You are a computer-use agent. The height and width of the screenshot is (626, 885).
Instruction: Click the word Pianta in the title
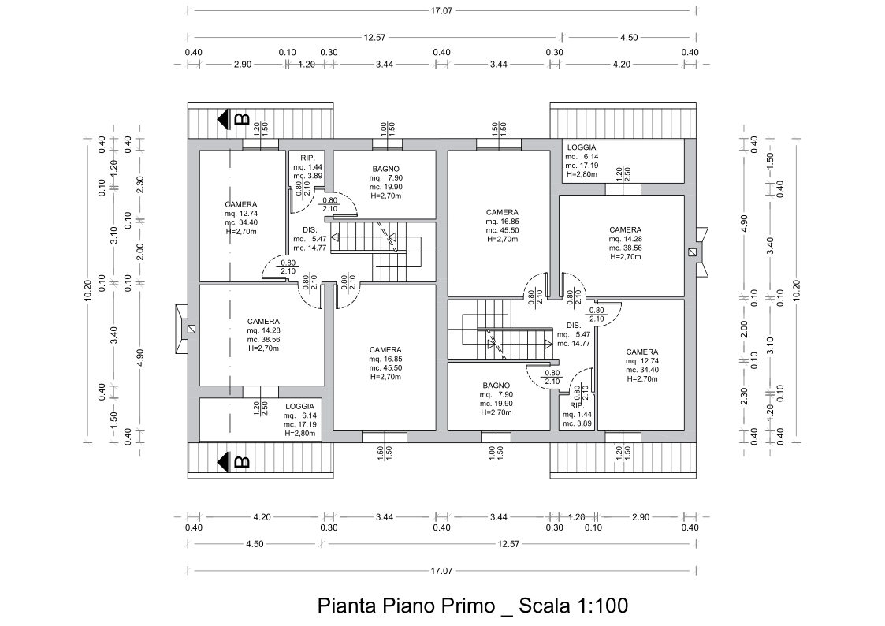point(348,606)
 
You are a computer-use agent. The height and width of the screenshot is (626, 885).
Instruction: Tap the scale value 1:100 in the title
point(601,606)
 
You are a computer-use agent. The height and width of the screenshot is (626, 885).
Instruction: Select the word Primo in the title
point(463,606)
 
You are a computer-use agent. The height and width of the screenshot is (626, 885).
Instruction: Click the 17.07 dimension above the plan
point(441,10)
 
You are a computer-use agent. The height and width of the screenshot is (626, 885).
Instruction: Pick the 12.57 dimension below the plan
point(508,544)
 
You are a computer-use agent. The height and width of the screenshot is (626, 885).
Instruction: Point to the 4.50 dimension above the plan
point(629,37)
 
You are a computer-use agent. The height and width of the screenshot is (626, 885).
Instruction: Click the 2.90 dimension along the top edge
point(243,65)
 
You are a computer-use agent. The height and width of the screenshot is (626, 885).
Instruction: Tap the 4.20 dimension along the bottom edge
point(262,516)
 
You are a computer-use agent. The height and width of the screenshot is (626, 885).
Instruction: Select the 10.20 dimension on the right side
point(797,291)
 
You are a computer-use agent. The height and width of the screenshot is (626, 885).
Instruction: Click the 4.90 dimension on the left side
point(140,356)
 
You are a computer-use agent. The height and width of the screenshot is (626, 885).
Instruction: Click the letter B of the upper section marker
point(242,119)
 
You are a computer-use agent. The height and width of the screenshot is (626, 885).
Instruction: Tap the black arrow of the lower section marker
point(223,462)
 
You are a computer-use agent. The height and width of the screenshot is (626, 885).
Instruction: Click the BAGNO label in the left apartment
point(385,169)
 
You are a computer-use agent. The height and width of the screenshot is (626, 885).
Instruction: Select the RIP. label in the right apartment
point(576,405)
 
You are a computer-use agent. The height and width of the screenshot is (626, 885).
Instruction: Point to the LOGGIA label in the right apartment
point(582,147)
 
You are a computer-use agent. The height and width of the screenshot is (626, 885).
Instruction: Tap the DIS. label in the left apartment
point(310,229)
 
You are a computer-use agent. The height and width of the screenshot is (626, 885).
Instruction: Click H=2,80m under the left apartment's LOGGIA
point(300,434)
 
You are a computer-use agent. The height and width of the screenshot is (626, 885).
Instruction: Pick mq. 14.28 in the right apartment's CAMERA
point(625,239)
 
